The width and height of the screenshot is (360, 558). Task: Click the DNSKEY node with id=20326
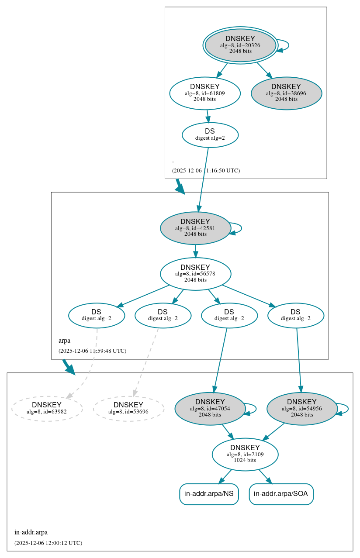click(240, 45)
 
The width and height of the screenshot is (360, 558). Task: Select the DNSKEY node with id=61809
click(205, 93)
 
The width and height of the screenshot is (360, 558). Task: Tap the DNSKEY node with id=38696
click(286, 93)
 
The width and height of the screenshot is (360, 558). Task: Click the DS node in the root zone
click(210, 134)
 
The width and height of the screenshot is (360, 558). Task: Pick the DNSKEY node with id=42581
click(195, 228)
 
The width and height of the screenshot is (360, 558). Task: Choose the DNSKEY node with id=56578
click(195, 274)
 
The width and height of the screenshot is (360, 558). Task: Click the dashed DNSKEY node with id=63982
click(47, 408)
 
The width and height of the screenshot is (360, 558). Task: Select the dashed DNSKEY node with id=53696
click(128, 408)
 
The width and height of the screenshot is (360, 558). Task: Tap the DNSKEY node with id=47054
click(210, 409)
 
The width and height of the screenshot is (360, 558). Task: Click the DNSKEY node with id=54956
click(302, 409)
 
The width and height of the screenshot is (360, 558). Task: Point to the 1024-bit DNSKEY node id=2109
click(245, 455)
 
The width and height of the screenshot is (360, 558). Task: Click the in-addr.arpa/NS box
click(209, 494)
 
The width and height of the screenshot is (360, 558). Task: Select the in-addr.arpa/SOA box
click(281, 494)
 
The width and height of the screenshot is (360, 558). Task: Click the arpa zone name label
click(64, 341)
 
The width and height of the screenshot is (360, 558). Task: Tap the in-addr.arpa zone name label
click(31, 532)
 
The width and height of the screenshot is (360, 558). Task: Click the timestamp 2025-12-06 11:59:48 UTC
click(92, 351)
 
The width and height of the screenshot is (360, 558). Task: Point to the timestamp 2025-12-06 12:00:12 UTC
click(48, 543)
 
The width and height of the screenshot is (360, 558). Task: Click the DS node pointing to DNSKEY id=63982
click(97, 315)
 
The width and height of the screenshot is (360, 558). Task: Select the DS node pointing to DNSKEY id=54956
click(295, 315)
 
